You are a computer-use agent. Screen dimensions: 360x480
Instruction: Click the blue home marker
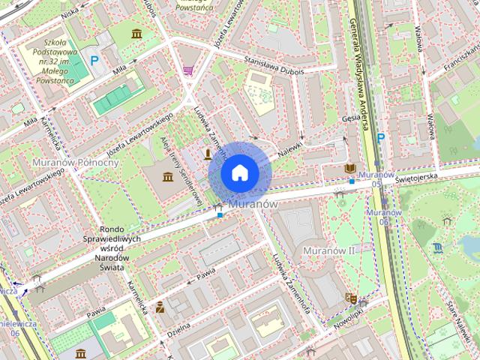click(238, 172)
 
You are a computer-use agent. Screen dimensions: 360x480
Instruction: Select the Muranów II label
click(328, 250)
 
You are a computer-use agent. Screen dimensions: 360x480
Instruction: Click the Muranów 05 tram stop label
click(376, 179)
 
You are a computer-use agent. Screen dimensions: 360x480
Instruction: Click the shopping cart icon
click(187, 70)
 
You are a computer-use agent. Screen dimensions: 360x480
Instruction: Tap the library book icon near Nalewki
click(350, 169)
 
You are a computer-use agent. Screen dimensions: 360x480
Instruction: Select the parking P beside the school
click(94, 60)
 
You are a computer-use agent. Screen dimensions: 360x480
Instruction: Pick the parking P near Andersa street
click(380, 137)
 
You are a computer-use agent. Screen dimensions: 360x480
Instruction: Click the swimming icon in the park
click(438, 247)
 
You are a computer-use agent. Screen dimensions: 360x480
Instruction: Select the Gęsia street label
click(350, 118)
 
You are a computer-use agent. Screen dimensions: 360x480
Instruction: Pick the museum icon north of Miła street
click(136, 34)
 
